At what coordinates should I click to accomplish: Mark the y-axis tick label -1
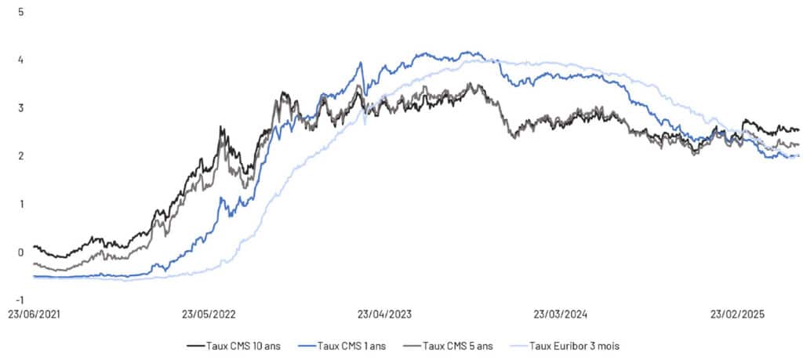pyautogui.click(x=19, y=300)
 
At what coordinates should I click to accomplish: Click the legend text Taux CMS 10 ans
pyautogui.click(x=241, y=344)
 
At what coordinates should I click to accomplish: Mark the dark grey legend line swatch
pyautogui.click(x=412, y=344)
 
